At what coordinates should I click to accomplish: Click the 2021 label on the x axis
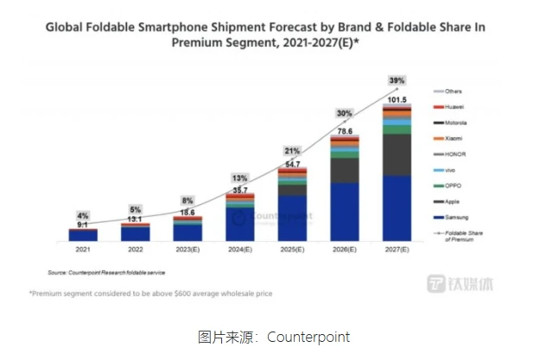point(84,250)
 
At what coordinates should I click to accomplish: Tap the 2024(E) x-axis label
point(240,250)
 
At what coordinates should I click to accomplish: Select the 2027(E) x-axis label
point(397,250)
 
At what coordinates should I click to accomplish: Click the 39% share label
point(397,80)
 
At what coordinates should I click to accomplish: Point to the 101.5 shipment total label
point(397,98)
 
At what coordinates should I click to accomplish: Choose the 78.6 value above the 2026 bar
point(346,130)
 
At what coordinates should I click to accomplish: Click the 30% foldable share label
point(345,113)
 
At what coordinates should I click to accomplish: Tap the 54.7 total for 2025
point(292,163)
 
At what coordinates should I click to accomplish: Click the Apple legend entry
point(452,200)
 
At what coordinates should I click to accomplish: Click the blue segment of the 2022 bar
point(136,234)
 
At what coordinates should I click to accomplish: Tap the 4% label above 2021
point(83,216)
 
